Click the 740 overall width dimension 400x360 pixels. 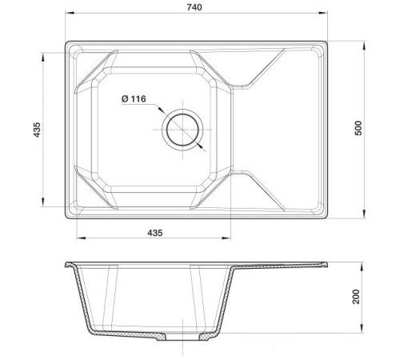(x=195, y=7)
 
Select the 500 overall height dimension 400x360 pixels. (x=358, y=127)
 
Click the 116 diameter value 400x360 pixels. (x=137, y=98)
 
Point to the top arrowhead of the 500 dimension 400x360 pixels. (x=366, y=41)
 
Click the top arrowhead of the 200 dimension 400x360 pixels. (x=366, y=264)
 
